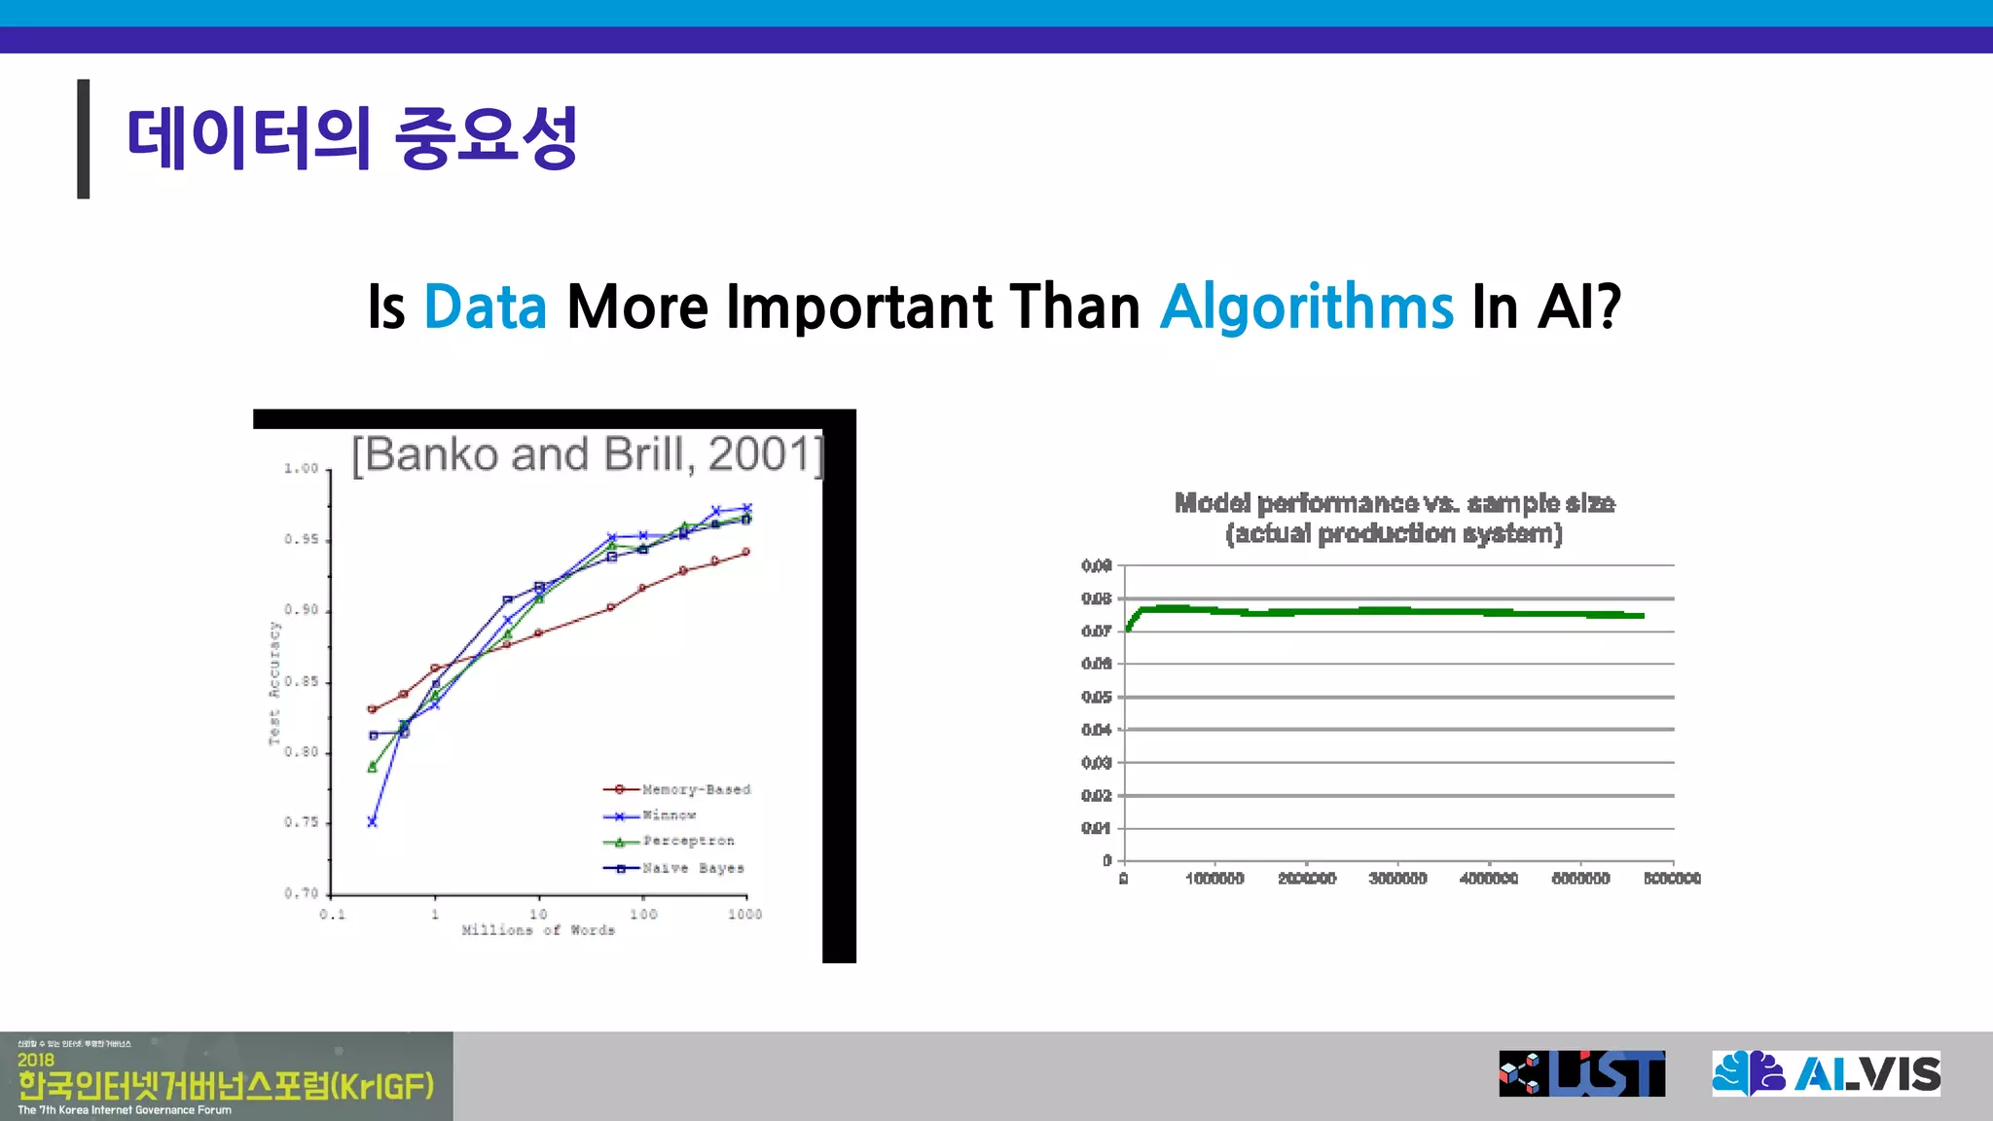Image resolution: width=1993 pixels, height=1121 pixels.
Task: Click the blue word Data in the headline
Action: (485, 307)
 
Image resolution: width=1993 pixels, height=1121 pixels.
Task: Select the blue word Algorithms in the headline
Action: (1306, 307)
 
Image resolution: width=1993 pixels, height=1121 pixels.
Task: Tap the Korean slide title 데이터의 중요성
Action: (352, 138)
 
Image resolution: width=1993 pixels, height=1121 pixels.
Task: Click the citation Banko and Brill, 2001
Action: (587, 454)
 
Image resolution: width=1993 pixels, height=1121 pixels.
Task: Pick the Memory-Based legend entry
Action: (695, 789)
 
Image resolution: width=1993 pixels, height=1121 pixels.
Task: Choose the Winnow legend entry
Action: (669, 815)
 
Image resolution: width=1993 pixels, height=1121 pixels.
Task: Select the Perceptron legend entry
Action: (688, 841)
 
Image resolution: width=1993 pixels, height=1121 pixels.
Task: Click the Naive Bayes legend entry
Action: (692, 868)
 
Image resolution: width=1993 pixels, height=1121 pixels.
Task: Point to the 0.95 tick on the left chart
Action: (301, 539)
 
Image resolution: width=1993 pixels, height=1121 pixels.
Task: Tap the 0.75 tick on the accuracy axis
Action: (301, 822)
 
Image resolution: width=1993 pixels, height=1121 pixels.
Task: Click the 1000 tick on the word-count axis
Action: (744, 914)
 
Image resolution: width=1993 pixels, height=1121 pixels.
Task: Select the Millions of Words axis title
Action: (538, 930)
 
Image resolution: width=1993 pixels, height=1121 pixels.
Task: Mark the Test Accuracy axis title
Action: (274, 683)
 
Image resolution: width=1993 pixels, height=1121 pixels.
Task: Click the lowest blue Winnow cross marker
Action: (372, 822)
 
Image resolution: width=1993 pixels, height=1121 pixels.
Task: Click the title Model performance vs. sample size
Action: (1394, 503)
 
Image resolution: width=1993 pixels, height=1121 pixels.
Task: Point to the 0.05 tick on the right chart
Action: (1096, 697)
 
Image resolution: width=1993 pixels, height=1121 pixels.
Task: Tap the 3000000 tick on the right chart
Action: (1397, 879)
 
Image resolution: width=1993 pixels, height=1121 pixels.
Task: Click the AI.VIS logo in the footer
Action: (1826, 1074)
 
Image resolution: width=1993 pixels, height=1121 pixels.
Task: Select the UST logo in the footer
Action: (1581, 1074)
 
